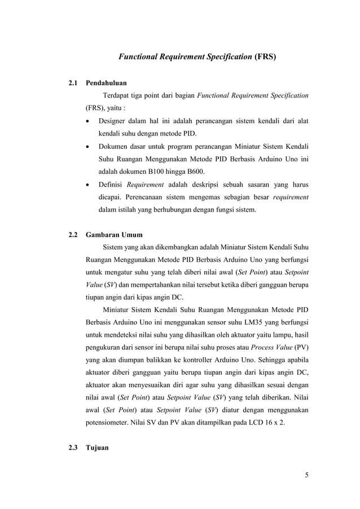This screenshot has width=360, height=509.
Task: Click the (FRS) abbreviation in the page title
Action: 265,57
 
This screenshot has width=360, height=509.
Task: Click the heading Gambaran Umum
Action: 114,235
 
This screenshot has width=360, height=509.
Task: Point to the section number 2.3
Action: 72,448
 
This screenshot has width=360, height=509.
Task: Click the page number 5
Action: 306,475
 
